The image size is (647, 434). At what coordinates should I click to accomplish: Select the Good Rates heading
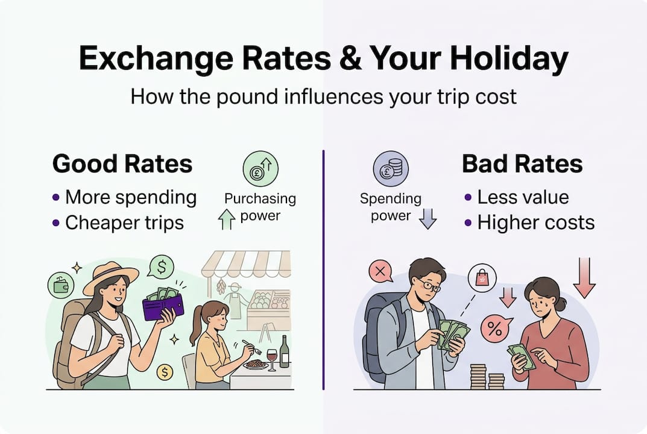point(122,164)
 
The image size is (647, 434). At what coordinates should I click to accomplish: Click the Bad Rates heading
point(522,164)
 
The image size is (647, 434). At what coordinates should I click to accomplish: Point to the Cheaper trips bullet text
point(124,222)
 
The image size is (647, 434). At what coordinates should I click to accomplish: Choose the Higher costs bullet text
point(536,222)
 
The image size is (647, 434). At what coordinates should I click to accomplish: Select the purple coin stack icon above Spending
point(391,169)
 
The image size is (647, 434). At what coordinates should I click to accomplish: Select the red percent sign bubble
point(494,330)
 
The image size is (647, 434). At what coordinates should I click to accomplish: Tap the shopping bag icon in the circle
point(482,278)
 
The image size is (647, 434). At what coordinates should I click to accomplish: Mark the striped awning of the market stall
point(246,263)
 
